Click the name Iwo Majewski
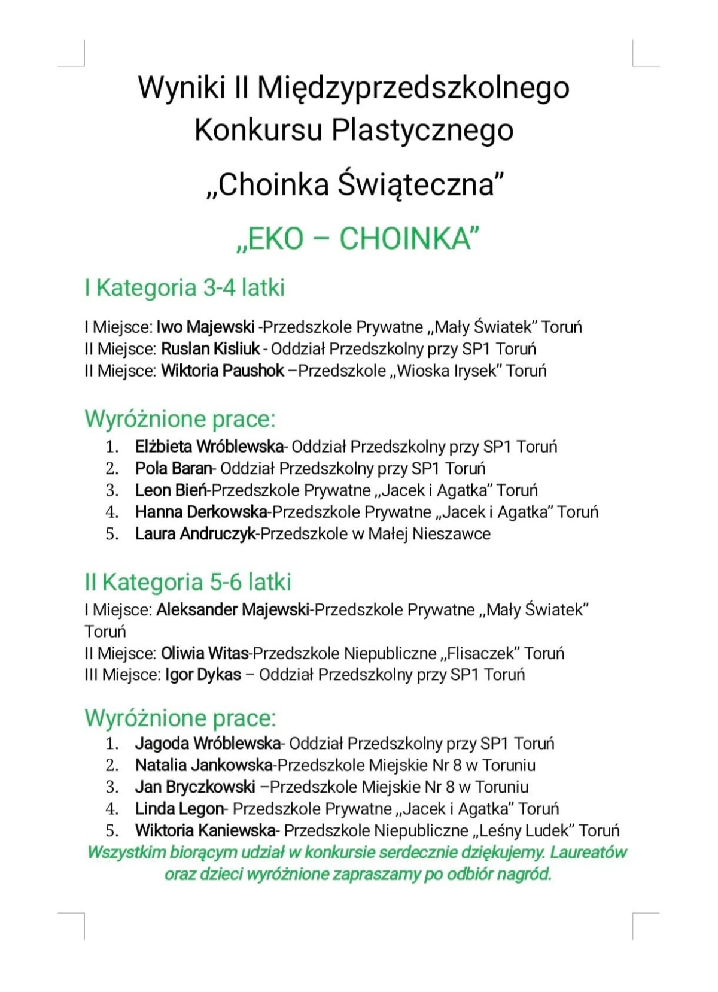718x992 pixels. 205,327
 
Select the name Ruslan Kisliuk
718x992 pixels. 211,349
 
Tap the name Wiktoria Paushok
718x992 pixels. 223,371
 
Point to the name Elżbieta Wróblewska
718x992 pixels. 209,447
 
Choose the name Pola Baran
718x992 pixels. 174,468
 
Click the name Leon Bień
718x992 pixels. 171,490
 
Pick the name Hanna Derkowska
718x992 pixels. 201,512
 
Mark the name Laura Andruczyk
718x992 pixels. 195,534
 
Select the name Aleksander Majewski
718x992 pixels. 233,610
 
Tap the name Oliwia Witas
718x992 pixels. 205,653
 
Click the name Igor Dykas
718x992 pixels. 203,675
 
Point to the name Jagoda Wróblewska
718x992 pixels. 208,744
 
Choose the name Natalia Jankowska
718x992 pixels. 204,765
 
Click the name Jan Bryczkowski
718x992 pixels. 195,787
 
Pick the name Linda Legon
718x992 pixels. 179,809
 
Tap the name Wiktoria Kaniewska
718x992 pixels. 205,830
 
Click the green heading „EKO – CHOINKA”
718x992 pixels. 358,239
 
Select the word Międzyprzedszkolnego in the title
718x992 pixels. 413,88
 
